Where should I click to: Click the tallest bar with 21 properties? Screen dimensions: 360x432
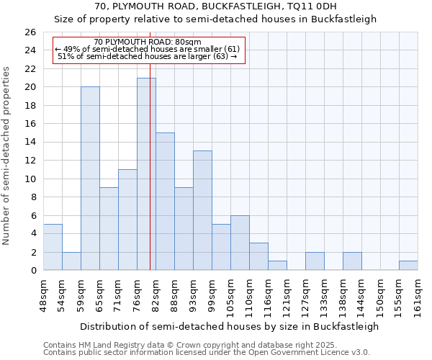coord(146,174)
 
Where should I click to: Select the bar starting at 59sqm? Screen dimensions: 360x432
coord(90,179)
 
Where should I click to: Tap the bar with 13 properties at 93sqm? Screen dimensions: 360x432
coord(202,210)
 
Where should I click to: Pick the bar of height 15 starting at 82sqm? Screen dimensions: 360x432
coord(165,202)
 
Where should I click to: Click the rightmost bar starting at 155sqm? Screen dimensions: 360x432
coord(408,265)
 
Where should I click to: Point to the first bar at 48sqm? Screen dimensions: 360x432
coord(53,247)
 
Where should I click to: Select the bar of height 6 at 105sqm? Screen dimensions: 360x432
coord(240,243)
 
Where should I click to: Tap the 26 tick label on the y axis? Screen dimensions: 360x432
coord(30,32)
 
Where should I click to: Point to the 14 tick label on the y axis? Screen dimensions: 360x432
coord(30,143)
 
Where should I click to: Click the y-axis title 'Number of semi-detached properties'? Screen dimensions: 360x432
coord(7,156)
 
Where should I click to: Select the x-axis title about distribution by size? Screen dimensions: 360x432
coord(229,326)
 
